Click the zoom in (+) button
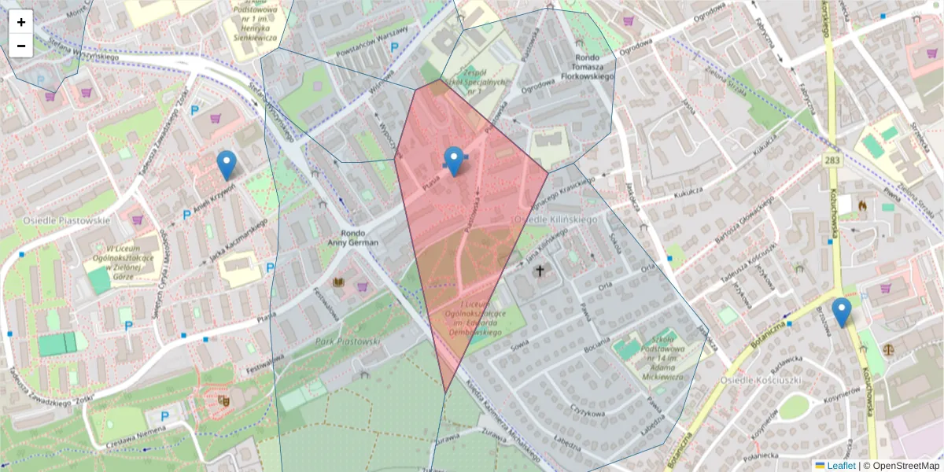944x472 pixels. [21, 22]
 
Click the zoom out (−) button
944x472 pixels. [21, 46]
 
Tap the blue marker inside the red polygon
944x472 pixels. [454, 161]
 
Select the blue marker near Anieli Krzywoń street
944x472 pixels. [227, 165]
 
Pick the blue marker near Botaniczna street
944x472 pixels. [842, 312]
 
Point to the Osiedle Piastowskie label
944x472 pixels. [66, 220]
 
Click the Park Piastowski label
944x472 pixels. [348, 341]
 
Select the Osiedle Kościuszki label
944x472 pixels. [761, 380]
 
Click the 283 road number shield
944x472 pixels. [834, 160]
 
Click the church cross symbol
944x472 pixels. [540, 271]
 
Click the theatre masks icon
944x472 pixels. [223, 400]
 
